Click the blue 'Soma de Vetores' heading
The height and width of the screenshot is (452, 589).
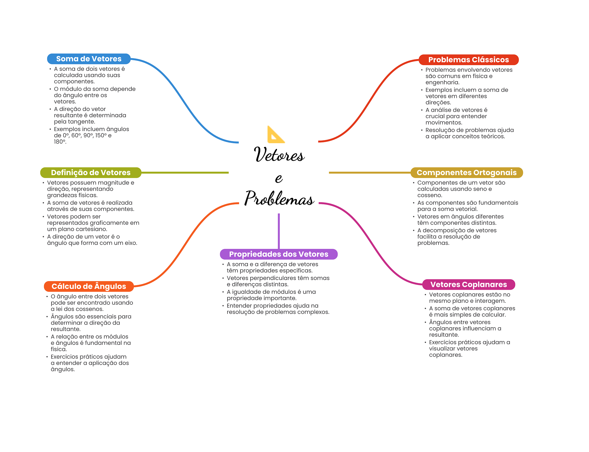click(89, 59)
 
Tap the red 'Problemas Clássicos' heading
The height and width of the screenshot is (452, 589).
click(468, 60)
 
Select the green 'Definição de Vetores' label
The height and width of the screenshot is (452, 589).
click(91, 173)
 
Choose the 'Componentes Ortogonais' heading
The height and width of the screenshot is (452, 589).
click(466, 173)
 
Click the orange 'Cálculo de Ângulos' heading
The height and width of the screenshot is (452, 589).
click(89, 286)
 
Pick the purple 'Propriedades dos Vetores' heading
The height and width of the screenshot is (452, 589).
click(278, 254)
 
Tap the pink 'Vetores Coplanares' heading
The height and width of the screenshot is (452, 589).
click(468, 284)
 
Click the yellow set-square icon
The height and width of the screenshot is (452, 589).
click(276, 135)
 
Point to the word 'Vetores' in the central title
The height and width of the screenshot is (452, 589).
click(279, 155)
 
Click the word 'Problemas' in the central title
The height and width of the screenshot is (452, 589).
click(279, 199)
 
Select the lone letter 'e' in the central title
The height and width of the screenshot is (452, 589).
click(279, 178)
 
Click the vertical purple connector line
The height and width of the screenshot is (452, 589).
click(279, 230)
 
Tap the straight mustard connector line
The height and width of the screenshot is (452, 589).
click(370, 173)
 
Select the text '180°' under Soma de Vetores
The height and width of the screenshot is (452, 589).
click(60, 142)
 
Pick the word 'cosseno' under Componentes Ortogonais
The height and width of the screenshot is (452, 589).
click(429, 195)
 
